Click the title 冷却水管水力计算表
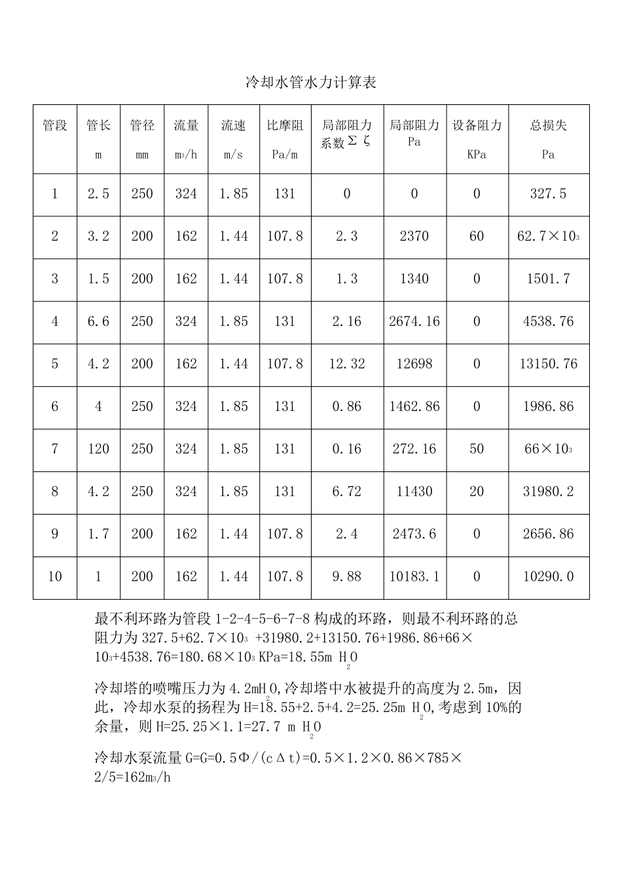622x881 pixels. coord(311,83)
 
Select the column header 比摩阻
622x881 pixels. coord(285,125)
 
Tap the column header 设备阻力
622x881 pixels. coord(477,125)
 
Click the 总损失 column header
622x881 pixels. coord(548,125)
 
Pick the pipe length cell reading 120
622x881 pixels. coord(98,449)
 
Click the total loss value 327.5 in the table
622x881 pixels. coord(548,194)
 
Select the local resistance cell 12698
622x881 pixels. coord(414,364)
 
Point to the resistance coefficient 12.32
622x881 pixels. coord(346,364)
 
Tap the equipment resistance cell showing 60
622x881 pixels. coord(477,237)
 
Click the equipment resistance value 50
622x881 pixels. coord(477,449)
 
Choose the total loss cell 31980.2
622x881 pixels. coord(548,492)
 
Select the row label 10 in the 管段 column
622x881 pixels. coord(55,577)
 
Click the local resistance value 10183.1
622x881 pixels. coord(414,577)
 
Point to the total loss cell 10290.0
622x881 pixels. coord(548,577)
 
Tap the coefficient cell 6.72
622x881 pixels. coord(346,492)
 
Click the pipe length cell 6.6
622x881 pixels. coord(98,322)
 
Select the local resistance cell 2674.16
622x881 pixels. coord(414,322)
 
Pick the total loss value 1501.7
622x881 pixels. coord(548,279)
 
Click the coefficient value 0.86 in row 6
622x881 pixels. coord(346,406)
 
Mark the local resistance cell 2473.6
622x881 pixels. coord(414,534)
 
